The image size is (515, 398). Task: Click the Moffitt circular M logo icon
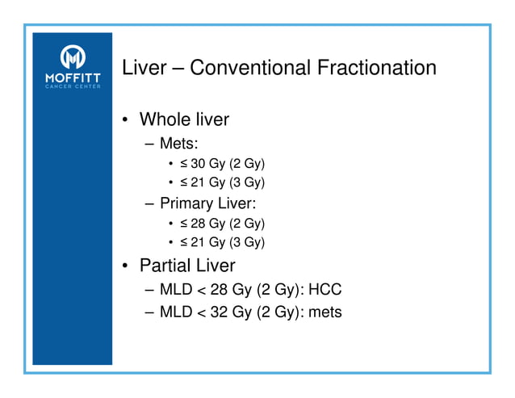click(x=73, y=57)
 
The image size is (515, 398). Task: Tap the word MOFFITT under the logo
click(x=73, y=78)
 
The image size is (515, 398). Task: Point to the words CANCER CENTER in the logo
click(x=73, y=87)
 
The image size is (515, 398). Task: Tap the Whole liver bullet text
click(x=184, y=119)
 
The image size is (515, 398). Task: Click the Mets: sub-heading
click(x=178, y=145)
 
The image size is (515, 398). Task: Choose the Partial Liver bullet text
click(x=187, y=264)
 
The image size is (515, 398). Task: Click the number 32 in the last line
click(x=217, y=312)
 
